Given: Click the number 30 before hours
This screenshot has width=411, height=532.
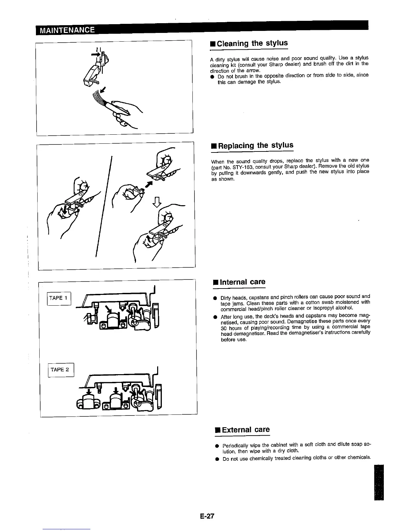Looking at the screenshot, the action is (x=224, y=327).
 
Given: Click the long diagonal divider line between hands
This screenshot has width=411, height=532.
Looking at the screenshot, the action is (x=104, y=205).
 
